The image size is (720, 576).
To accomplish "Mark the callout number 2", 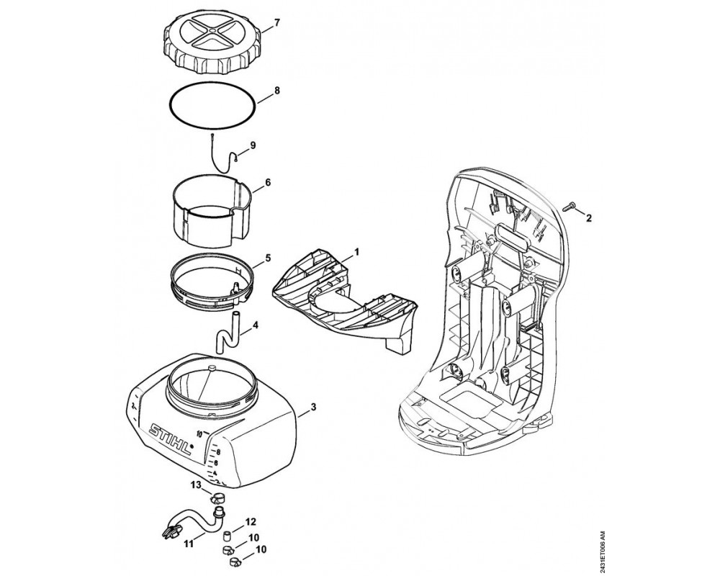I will click(588, 217).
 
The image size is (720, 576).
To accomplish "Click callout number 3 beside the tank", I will click(314, 408).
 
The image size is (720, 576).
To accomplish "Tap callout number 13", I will click(196, 485).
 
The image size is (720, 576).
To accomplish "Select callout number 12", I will click(251, 521).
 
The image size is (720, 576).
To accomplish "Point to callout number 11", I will click(188, 544).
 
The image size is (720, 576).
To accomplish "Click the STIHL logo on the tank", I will click(171, 439).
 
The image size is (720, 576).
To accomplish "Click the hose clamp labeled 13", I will click(215, 498).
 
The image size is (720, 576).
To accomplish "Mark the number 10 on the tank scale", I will click(199, 433).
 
